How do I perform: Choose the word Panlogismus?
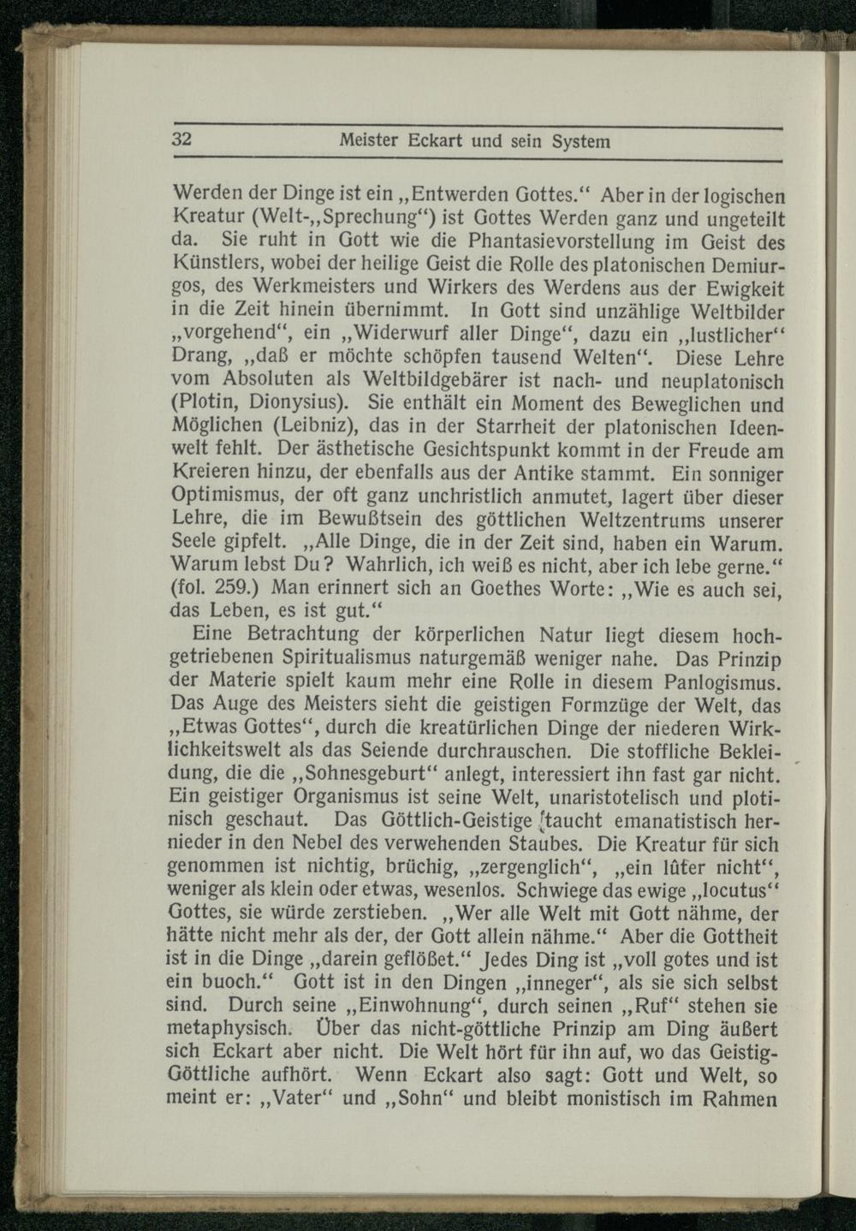(725, 682)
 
